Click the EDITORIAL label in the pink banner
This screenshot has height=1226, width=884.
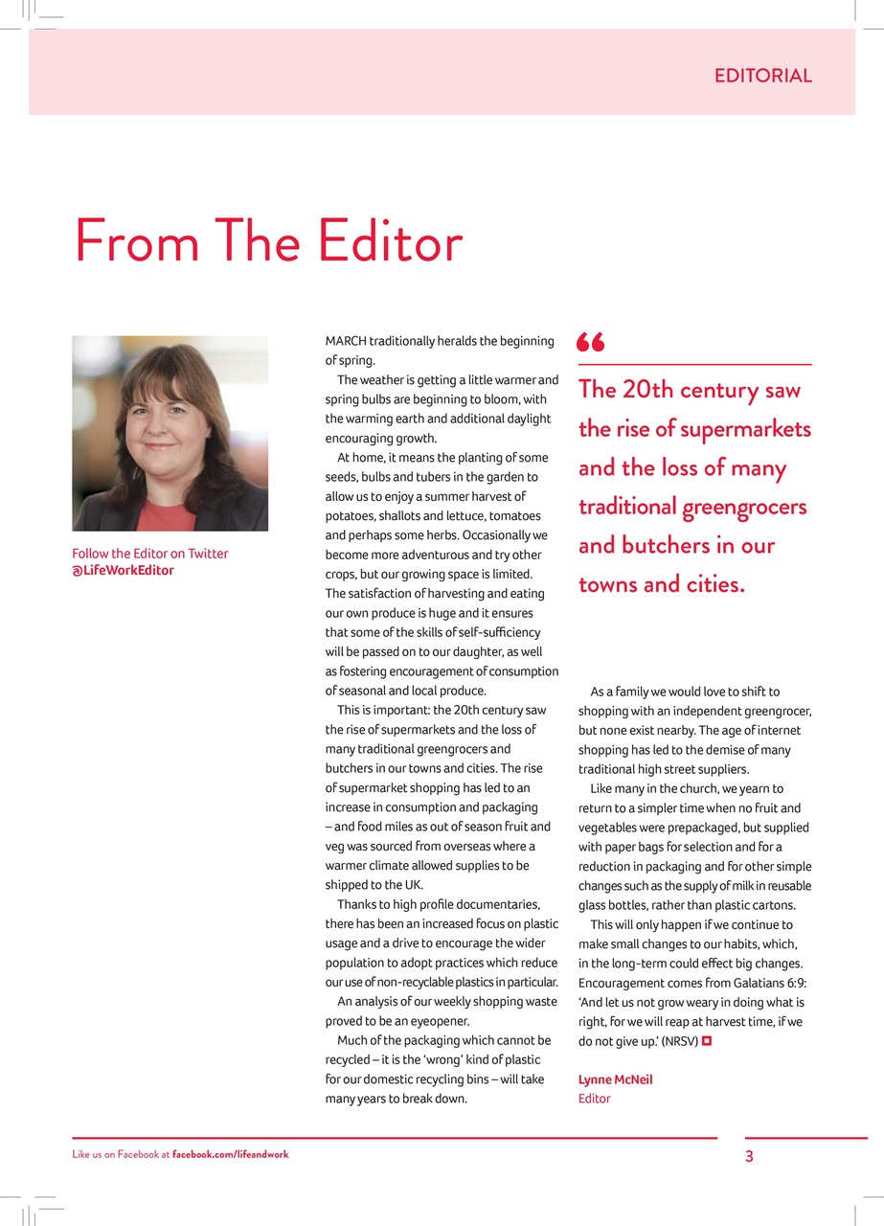[762, 76]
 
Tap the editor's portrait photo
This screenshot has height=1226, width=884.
[170, 433]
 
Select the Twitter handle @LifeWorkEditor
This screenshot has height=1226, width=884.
[124, 571]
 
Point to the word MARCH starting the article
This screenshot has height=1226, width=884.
[347, 341]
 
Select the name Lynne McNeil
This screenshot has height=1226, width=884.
[615, 1079]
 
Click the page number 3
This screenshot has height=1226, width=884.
[749, 1156]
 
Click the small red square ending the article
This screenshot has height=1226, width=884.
[707, 1040]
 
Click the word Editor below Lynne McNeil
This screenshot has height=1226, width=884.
[594, 1099]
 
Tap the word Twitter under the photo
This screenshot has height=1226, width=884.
[208, 554]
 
